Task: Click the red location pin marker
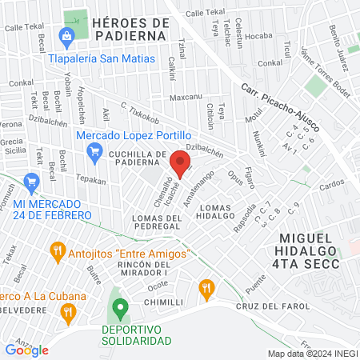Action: coord(180,166)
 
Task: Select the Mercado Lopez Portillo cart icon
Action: coord(94,150)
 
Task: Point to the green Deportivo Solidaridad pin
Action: coord(120,307)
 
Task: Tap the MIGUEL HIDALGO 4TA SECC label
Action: coord(310,251)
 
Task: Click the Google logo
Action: coord(26,350)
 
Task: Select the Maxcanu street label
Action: coord(186,98)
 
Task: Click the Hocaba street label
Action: coord(258,36)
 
